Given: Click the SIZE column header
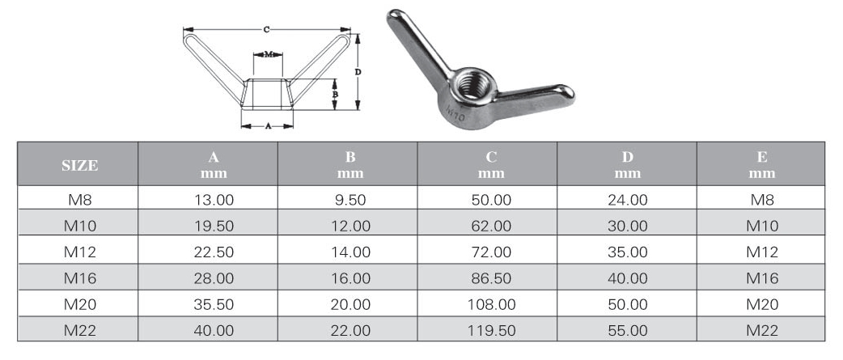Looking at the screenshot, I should click(x=79, y=165).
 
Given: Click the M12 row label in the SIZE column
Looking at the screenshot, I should click(x=79, y=252).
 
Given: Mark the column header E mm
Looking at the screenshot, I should click(x=761, y=165).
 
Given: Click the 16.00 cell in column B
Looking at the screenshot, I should click(x=350, y=278).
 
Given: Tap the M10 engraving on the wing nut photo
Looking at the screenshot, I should click(x=455, y=112).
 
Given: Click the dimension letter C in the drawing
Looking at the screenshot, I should click(x=267, y=29).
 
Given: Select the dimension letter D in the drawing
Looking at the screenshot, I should click(x=358, y=72).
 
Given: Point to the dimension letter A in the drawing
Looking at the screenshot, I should click(x=268, y=126).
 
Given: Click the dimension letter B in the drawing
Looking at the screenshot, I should click(x=336, y=95).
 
